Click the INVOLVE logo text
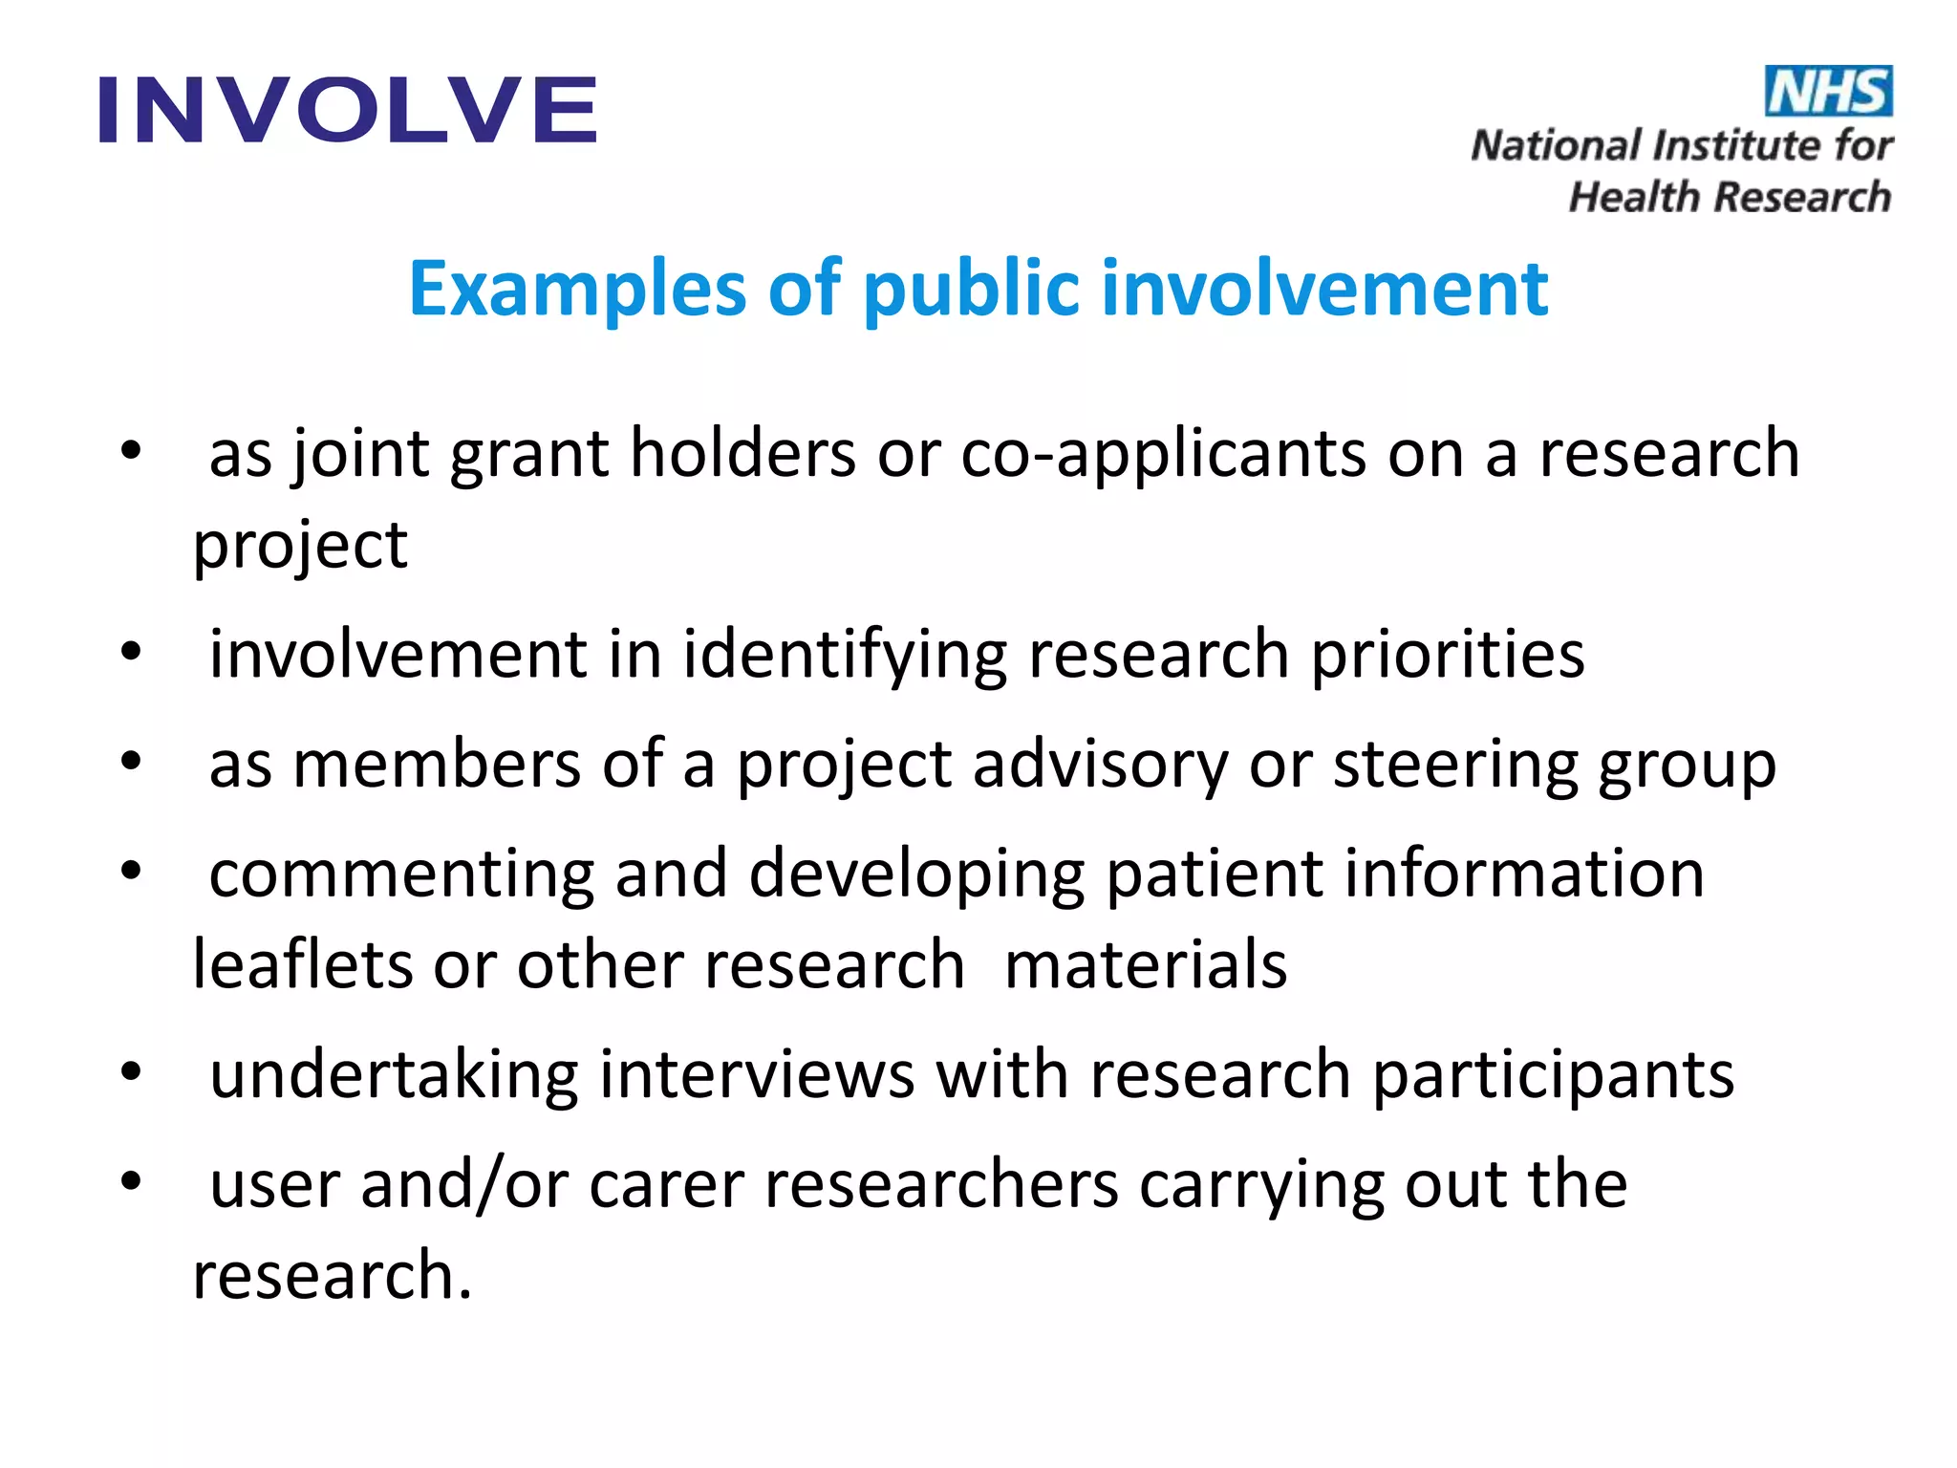pos(348,110)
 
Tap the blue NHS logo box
pos(1827,92)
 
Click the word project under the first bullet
pos(300,547)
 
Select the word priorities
pos(1447,655)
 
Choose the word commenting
pos(401,875)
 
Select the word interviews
pos(757,1075)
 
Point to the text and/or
pos(464,1185)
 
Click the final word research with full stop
pos(332,1276)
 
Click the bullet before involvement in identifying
pos(131,653)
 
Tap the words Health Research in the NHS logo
pos(1730,197)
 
